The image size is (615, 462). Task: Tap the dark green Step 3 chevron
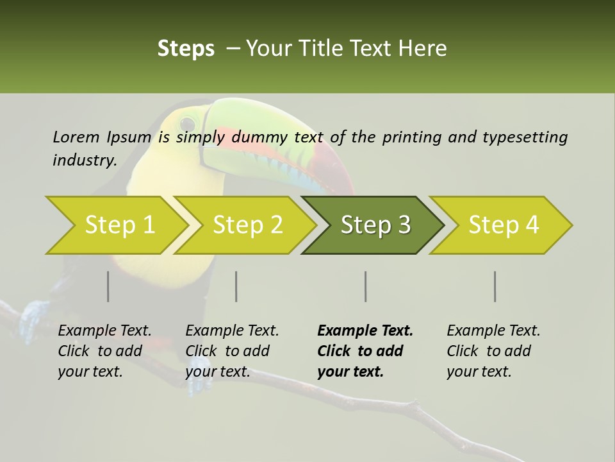(375, 225)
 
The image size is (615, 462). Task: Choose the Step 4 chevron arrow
(504, 225)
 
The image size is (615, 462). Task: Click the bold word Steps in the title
(186, 48)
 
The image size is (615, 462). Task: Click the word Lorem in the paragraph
(76, 137)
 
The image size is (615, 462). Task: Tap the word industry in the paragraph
(85, 160)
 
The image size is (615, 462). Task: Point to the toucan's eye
(187, 122)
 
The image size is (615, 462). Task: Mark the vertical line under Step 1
(108, 286)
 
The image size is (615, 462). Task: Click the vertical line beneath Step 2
(236, 286)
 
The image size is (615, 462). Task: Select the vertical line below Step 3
(365, 286)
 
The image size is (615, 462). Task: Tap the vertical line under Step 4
(495, 286)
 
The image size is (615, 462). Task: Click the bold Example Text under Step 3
(365, 330)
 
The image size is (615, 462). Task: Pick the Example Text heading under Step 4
(493, 330)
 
